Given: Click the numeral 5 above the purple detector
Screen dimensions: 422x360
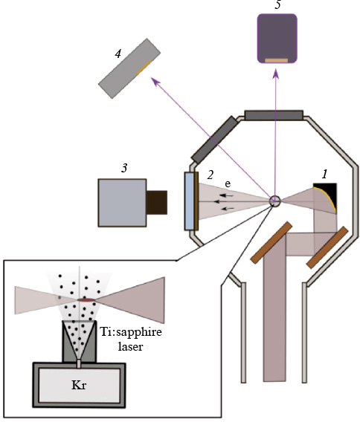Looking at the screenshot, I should (x=277, y=5).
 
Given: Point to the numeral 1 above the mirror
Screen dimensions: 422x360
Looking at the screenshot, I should (x=324, y=173).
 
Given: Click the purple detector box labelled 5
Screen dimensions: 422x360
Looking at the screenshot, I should (x=277, y=39).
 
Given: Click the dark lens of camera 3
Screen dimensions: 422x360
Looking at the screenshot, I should (x=156, y=202).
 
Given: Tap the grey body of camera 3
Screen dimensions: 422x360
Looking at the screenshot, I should (x=122, y=202).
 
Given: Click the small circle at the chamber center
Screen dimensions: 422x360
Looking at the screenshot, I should (x=275, y=201).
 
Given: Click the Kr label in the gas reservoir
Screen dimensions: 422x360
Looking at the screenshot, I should (x=79, y=386).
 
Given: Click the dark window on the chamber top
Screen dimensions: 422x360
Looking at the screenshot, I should (x=274, y=114).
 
